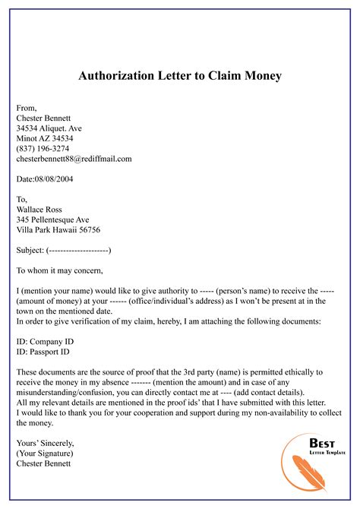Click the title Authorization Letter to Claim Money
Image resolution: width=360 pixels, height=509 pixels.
coord(180,77)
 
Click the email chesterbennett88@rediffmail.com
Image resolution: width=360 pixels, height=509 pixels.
coord(74,159)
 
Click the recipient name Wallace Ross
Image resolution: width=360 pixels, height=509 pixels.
coord(44,209)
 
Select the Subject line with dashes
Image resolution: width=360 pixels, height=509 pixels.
coord(64,249)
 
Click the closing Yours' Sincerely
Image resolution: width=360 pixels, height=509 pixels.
coord(47,442)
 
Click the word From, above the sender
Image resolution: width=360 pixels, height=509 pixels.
coord(27,109)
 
